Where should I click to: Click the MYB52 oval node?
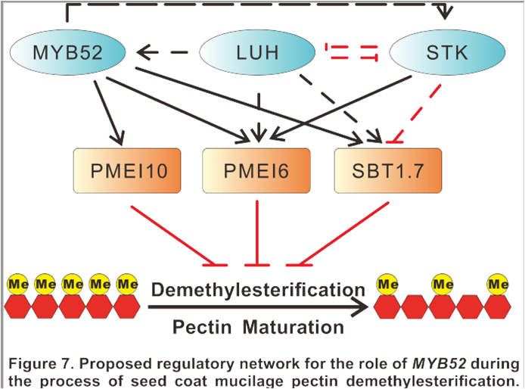click(67, 53)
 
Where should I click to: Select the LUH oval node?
click(256, 53)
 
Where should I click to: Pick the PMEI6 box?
click(257, 171)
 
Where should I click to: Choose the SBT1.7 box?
click(388, 171)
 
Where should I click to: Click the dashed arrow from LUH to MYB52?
click(164, 53)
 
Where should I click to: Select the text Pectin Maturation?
click(258, 328)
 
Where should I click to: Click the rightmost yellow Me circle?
click(497, 285)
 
